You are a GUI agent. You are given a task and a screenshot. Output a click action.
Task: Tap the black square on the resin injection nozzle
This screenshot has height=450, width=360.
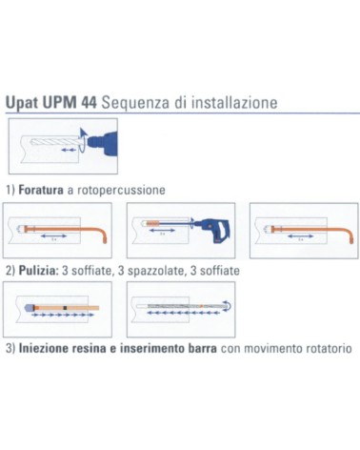[64, 308]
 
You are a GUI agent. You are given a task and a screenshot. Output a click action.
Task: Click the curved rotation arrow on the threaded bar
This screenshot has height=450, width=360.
[227, 306]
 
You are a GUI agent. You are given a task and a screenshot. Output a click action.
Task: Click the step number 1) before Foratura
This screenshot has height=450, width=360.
[12, 190]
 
